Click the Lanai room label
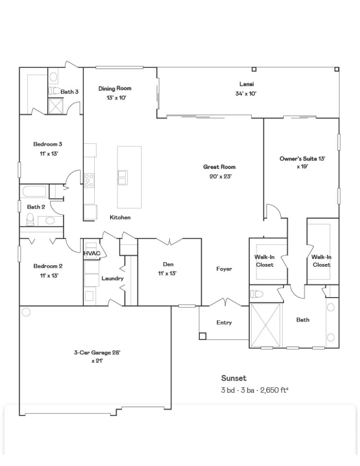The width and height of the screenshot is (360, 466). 247,84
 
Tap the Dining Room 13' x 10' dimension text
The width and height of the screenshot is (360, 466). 116,98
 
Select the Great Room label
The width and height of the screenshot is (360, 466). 219,167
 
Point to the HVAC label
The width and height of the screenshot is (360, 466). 92,254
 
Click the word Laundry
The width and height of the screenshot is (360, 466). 112,278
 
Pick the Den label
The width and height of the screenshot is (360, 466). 168,264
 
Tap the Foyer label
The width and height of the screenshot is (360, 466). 224,269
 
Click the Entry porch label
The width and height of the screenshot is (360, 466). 224,323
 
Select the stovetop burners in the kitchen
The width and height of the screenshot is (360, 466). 89,180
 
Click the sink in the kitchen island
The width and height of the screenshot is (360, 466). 122,177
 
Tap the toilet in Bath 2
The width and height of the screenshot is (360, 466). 30,219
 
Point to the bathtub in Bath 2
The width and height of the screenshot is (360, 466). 34,191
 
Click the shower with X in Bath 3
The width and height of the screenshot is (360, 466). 56,106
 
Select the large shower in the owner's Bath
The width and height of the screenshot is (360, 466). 265,325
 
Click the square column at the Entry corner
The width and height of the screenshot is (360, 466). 202,336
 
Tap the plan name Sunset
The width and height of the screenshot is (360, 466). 233,378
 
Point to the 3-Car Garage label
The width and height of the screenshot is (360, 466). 97,353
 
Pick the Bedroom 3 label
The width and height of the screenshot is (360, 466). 47,144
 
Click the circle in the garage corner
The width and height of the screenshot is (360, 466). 26,312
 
